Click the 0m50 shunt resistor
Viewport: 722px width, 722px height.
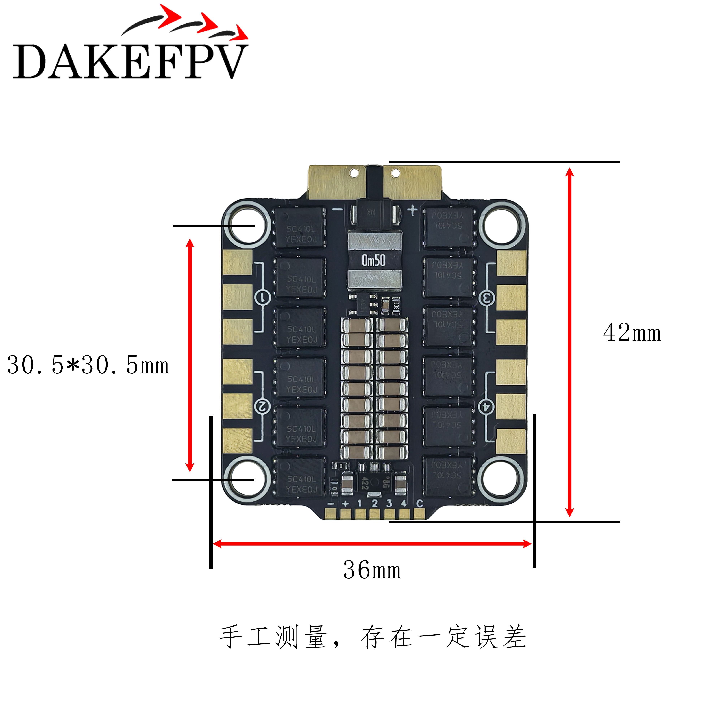coord(374,260)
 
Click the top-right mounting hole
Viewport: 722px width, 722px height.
coord(501,226)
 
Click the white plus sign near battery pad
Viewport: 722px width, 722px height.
coord(412,210)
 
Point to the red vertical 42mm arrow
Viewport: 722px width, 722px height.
coord(569,342)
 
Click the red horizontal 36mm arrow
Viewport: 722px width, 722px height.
coord(372,544)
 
